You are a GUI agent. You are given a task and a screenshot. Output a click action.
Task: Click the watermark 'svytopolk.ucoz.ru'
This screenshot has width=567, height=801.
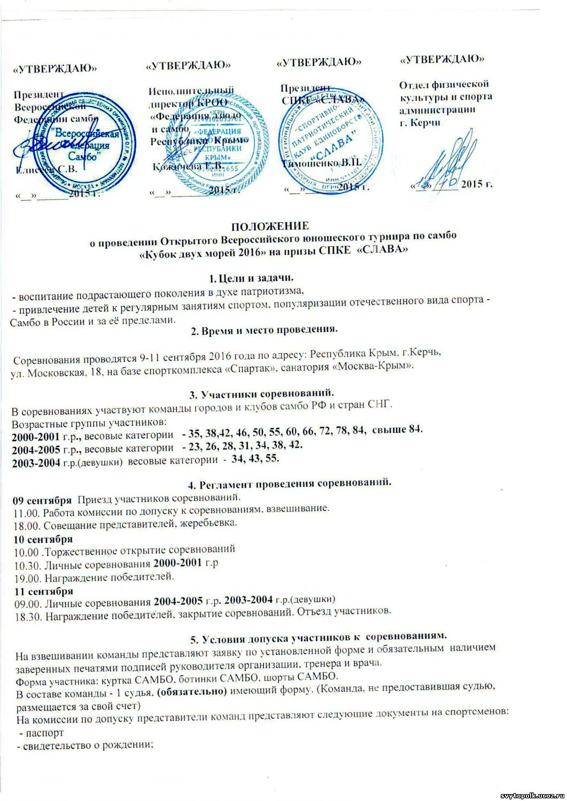click(531, 795)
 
